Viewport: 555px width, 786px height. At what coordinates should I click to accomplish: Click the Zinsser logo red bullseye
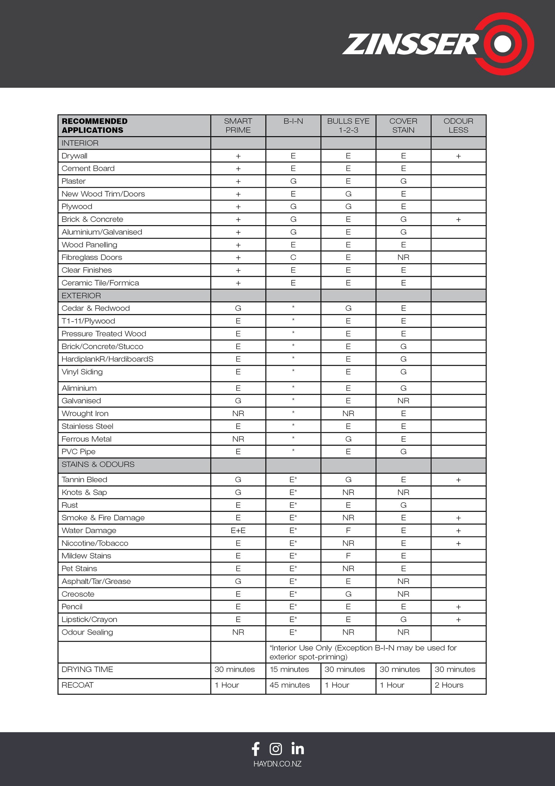pyautogui.click(x=504, y=44)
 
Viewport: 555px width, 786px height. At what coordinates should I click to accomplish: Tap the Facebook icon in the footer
pyautogui.click(x=256, y=749)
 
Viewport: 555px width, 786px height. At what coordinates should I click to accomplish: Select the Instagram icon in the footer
pyautogui.click(x=276, y=749)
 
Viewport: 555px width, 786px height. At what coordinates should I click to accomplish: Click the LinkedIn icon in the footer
pyautogui.click(x=298, y=748)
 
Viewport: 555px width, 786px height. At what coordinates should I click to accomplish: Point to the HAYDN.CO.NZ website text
pyautogui.click(x=277, y=764)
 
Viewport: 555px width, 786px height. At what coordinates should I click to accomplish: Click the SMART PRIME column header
pyautogui.click(x=238, y=125)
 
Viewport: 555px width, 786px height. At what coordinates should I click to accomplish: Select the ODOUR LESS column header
pyautogui.click(x=458, y=125)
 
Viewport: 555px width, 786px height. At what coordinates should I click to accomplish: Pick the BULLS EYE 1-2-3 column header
pyautogui.click(x=348, y=125)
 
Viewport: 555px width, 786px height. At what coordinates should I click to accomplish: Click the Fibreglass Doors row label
pyautogui.click(x=92, y=257)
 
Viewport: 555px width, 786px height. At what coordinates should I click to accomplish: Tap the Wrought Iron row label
pyautogui.click(x=85, y=413)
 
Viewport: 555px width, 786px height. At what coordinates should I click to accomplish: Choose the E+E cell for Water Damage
pyautogui.click(x=238, y=530)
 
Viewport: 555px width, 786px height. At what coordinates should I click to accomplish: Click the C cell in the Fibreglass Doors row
pyautogui.click(x=293, y=257)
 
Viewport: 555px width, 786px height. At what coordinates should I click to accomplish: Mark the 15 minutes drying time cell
pyautogui.click(x=289, y=669)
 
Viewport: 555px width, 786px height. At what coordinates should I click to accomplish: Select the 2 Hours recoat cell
pyautogui.click(x=449, y=685)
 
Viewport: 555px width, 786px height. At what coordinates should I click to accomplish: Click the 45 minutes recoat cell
pyautogui.click(x=290, y=685)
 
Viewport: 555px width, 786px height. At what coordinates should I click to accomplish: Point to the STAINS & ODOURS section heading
pyautogui.click(x=98, y=464)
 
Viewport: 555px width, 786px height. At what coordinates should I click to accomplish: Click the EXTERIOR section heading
pyautogui.click(x=81, y=296)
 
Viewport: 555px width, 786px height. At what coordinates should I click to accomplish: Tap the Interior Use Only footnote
pyautogui.click(x=363, y=652)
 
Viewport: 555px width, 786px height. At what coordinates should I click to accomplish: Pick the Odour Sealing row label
pyautogui.click(x=87, y=632)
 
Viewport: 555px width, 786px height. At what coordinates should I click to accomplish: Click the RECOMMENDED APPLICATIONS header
pyautogui.click(x=95, y=125)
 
